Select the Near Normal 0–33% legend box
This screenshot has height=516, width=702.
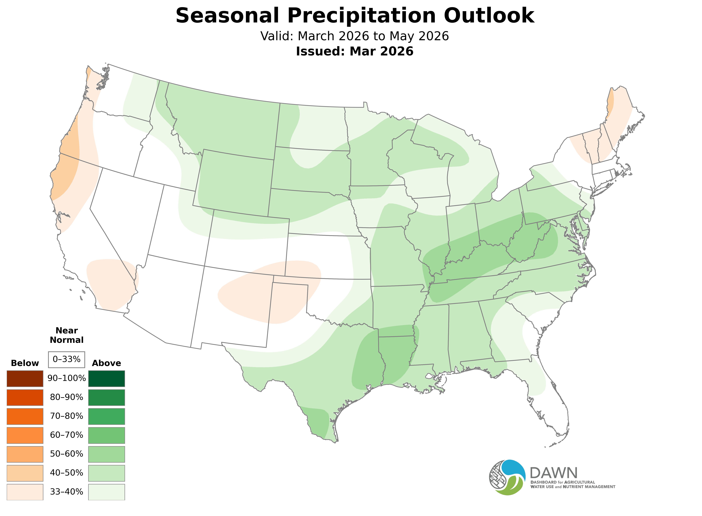click(x=66, y=360)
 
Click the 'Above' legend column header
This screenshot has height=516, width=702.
click(x=107, y=363)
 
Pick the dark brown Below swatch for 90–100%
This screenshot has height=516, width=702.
click(x=25, y=379)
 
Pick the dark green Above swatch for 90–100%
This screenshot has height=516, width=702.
click(x=107, y=379)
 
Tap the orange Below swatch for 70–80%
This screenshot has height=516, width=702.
click(x=25, y=416)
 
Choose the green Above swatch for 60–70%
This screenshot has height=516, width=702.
click(x=107, y=435)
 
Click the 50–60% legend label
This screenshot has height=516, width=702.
click(x=66, y=454)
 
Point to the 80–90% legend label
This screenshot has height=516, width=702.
click(x=66, y=397)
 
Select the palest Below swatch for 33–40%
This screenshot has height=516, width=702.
click(x=25, y=492)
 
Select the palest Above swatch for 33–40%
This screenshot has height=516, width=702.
click(x=107, y=492)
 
